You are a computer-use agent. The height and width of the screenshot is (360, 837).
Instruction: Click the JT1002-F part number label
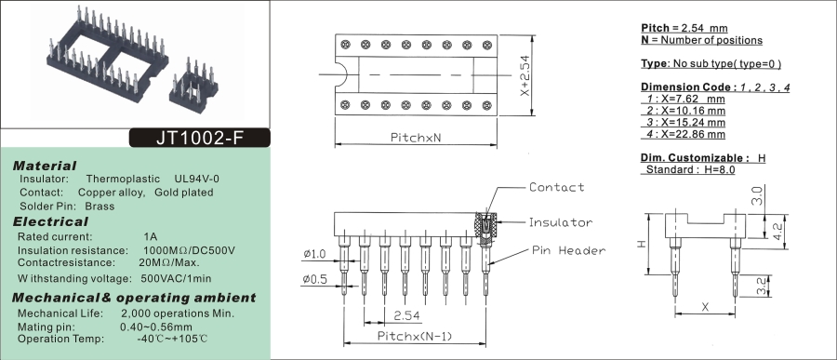[x=200, y=138]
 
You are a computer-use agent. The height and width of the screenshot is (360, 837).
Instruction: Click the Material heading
[x=45, y=166]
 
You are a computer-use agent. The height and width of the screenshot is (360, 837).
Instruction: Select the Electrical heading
[x=50, y=221]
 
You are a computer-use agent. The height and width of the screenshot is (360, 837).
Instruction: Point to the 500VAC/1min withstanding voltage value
[x=176, y=278]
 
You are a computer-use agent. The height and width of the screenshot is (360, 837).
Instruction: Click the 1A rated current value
[x=151, y=236]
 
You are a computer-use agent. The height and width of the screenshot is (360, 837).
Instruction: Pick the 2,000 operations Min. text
[x=178, y=313]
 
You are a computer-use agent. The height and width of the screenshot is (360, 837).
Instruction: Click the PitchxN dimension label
[x=416, y=138]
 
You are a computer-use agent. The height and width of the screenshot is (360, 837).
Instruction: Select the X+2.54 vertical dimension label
[x=525, y=76]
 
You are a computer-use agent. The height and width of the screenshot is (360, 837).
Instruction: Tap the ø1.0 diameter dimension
[x=314, y=254]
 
